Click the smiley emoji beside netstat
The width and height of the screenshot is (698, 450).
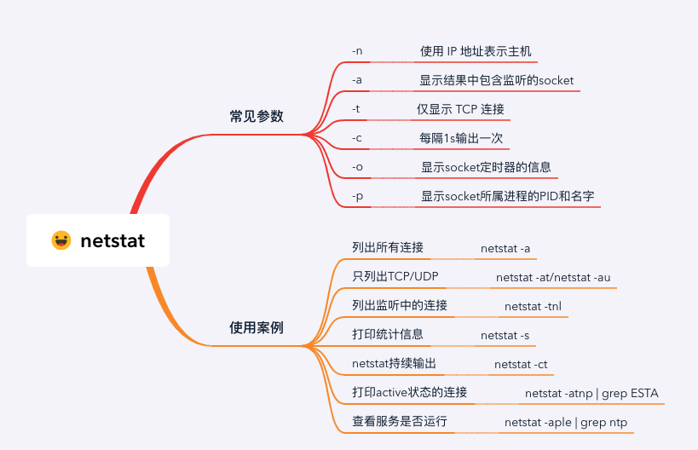tap(61, 240)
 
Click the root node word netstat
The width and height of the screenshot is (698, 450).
tap(112, 240)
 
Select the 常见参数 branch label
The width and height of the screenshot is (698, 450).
tap(257, 117)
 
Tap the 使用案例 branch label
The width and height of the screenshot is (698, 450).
tap(257, 327)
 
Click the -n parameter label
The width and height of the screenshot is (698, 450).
tap(357, 50)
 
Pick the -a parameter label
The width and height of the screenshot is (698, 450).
tap(357, 80)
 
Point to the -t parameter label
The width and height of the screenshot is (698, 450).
tap(356, 109)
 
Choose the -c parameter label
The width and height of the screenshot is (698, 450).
tap(357, 138)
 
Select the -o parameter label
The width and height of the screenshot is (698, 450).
tap(357, 167)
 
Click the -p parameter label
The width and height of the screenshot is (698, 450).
tap(357, 196)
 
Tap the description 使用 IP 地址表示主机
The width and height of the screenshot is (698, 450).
tap(476, 51)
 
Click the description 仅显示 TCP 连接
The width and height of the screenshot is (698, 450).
tap(460, 109)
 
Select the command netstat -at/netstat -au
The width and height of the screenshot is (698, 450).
tap(553, 277)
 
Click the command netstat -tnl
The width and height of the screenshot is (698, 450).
tap(533, 306)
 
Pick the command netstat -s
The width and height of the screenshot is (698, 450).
tap(505, 335)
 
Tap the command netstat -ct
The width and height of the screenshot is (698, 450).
tap(521, 364)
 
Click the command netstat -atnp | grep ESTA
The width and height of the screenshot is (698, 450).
tap(591, 393)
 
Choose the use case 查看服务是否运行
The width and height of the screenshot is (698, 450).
tap(400, 421)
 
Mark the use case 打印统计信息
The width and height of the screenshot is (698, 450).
tap(388, 334)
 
